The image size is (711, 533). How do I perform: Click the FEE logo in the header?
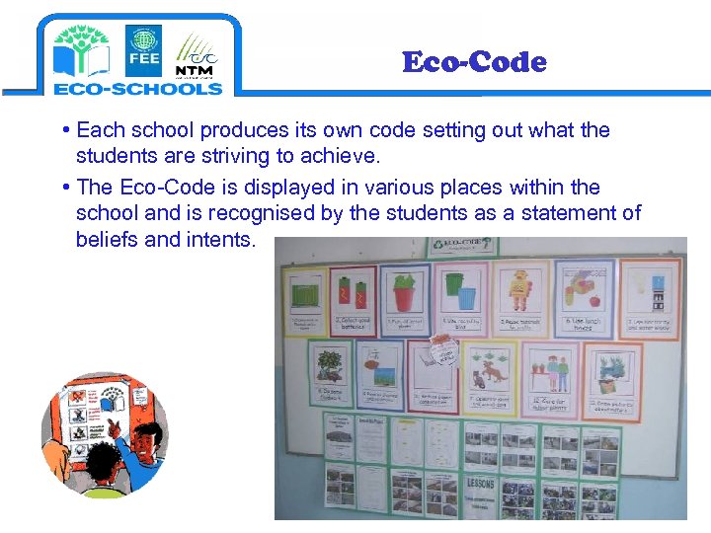coord(143,50)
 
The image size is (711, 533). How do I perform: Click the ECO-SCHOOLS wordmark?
coord(138,88)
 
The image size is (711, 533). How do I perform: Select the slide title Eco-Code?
coord(474,62)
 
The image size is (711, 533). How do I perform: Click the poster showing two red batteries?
coord(353,295)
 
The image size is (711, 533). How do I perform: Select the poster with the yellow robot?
coord(521,293)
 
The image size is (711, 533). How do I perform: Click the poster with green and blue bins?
coord(462,293)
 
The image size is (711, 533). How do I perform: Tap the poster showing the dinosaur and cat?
coord(491,375)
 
